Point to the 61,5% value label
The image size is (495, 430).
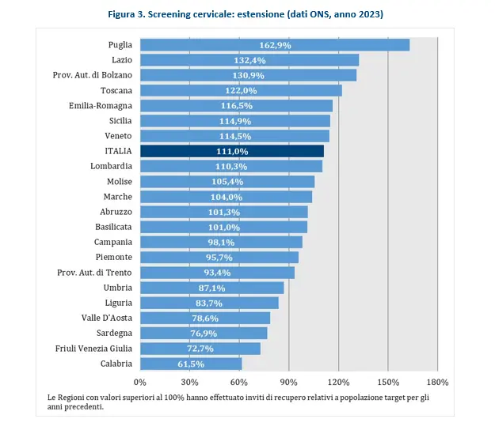tap(188, 364)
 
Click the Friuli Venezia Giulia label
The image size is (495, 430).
tap(93, 349)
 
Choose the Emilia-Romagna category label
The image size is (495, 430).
tap(99, 106)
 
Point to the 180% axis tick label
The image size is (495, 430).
tap(437, 382)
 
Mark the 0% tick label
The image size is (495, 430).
tap(140, 382)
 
